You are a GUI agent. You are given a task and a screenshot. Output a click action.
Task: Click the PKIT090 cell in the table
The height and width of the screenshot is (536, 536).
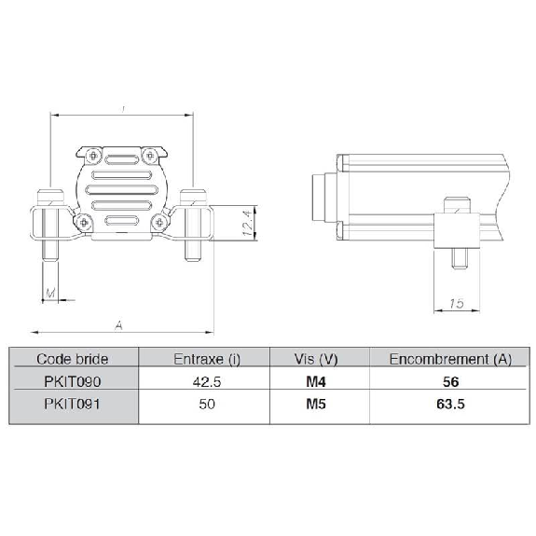tap(73, 381)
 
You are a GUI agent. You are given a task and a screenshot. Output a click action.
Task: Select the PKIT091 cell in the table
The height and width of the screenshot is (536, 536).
tap(73, 404)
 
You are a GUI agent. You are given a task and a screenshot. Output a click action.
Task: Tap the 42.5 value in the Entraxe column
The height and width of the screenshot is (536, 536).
tap(207, 381)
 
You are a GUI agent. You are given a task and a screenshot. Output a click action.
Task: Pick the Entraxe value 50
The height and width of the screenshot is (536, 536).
tap(207, 404)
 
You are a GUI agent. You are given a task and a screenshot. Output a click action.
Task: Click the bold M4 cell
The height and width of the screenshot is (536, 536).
tap(316, 381)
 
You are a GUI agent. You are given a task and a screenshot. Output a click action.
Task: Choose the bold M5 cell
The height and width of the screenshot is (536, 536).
tap(316, 404)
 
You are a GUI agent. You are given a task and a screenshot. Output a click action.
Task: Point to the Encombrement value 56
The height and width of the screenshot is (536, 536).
tap(450, 381)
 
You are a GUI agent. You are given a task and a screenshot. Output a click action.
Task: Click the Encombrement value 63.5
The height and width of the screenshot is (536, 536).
tap(450, 404)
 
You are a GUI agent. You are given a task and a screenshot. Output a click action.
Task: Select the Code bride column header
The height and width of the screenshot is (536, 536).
tap(73, 359)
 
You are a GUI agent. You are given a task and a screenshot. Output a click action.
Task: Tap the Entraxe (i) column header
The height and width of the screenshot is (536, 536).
tap(207, 359)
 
